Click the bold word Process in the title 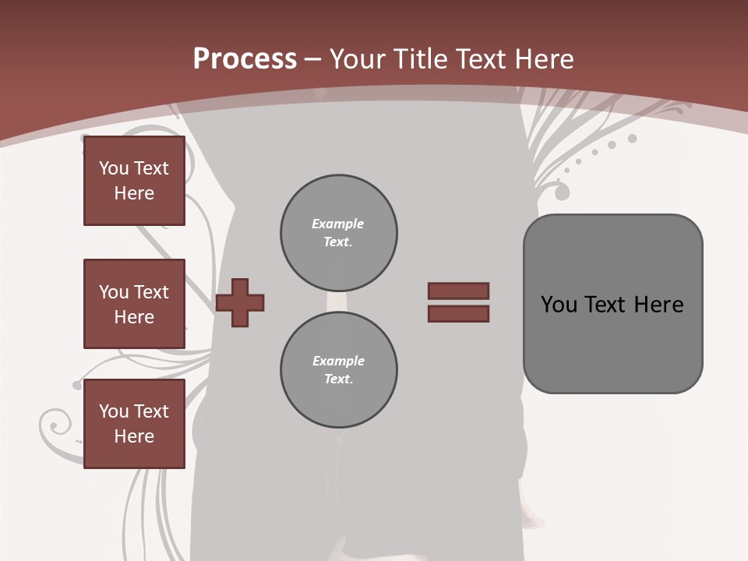tap(245, 59)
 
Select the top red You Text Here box tap(134, 181)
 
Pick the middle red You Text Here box tap(134, 304)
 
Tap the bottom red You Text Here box tap(134, 424)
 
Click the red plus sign tap(240, 302)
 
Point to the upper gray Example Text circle tap(338, 233)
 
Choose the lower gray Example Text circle tap(338, 370)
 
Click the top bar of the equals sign tap(458, 291)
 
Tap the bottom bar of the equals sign tap(458, 313)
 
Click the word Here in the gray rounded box tap(658, 305)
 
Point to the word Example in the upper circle tap(338, 224)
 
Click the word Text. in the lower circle tap(338, 379)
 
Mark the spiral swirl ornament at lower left tap(56, 425)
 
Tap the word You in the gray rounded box tap(559, 305)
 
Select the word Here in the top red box tap(134, 193)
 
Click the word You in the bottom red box tap(114, 411)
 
